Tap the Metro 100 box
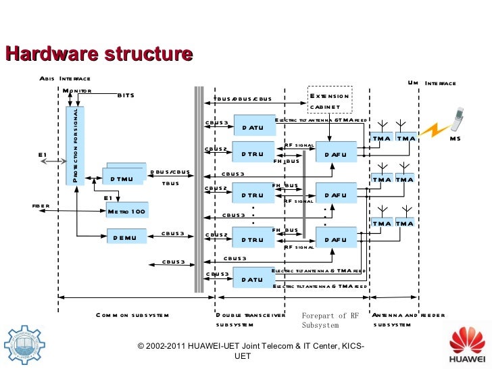pyautogui.click(x=126, y=212)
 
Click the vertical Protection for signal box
pyautogui.click(x=76, y=145)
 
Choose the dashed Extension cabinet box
pyautogui.click(x=330, y=101)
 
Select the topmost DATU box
pyautogui.click(x=253, y=126)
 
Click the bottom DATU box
pyautogui.click(x=253, y=279)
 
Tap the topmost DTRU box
pyautogui.click(x=253, y=154)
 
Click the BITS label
pyautogui.click(x=126, y=95)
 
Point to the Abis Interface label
pyautogui.click(x=65, y=79)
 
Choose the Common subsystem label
pyautogui.click(x=132, y=315)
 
